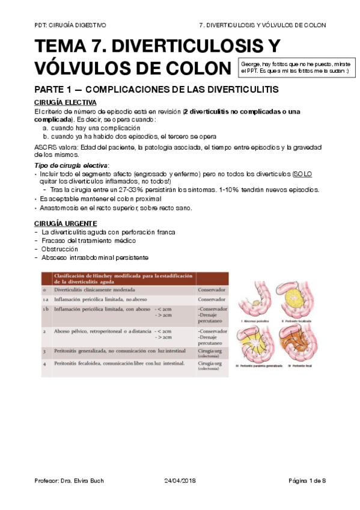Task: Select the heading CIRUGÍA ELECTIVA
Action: tap(65, 102)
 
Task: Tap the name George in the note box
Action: tap(251, 63)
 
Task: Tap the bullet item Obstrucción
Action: tap(59, 249)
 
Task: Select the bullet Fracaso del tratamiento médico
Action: tap(88, 241)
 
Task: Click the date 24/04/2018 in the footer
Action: tap(180, 481)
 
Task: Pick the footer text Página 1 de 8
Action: tap(307, 481)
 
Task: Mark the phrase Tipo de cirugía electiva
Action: tap(70, 165)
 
